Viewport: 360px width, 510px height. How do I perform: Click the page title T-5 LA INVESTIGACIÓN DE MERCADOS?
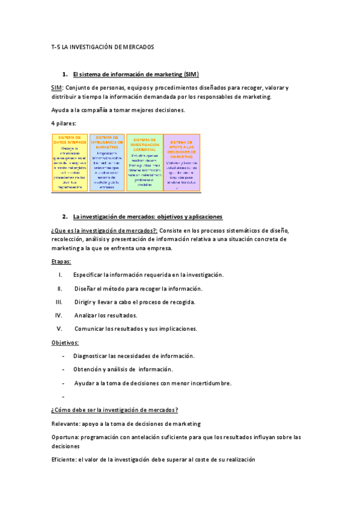point(103,46)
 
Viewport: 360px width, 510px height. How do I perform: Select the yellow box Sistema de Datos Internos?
point(70,154)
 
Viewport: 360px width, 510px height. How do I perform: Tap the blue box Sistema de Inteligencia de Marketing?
point(106,154)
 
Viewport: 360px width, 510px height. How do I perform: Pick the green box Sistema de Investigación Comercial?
point(144,154)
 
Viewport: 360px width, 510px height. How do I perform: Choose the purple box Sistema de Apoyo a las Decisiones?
point(181,154)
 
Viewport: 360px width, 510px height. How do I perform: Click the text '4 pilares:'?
point(64,123)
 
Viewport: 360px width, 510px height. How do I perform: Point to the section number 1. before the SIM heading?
point(64,74)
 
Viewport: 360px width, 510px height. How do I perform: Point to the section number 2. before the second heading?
point(64,217)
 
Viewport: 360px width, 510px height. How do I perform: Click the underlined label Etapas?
point(61,262)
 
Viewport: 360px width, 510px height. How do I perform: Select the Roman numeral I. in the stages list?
point(61,275)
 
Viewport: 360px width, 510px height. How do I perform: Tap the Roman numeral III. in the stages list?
point(59,302)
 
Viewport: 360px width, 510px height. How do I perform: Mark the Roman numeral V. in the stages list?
point(59,329)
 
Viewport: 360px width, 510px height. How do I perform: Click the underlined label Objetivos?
point(65,343)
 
